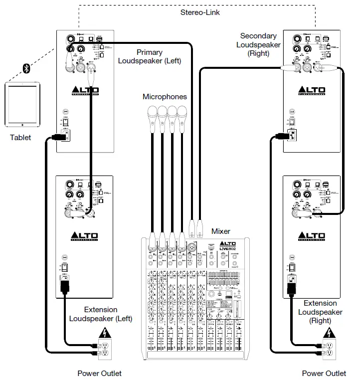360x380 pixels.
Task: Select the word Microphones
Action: pos(165,97)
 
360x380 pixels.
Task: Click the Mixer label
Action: pos(220,231)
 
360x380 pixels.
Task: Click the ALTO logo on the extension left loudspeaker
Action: pos(84,236)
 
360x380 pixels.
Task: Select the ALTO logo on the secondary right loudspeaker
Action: pos(311,91)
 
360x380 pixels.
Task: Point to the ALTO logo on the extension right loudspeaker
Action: pos(311,236)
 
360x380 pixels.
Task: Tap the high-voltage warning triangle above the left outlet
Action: pos(105,333)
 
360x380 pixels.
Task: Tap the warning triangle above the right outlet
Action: pos(328,333)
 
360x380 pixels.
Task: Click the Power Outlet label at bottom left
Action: pos(99,373)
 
